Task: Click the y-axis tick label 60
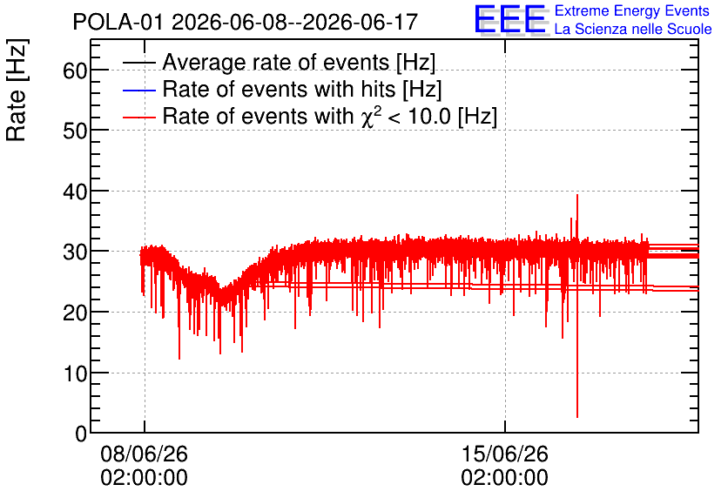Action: point(75,71)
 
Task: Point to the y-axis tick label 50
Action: point(75,131)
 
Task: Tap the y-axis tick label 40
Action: point(75,192)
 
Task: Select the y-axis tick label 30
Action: point(75,252)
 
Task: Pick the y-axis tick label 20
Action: point(75,313)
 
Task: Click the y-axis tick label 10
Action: point(75,373)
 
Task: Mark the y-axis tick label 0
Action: point(81,434)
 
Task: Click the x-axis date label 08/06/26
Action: point(144,454)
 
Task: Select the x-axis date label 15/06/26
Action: point(505,454)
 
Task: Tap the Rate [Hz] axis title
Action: point(17,90)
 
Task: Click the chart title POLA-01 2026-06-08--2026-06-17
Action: point(246,22)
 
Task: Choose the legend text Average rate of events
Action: point(276,62)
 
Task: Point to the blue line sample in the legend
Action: point(138,90)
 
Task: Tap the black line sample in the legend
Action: point(138,63)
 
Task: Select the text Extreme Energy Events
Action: point(632,10)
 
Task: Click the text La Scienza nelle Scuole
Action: point(633,30)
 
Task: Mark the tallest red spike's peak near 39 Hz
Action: point(577,195)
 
